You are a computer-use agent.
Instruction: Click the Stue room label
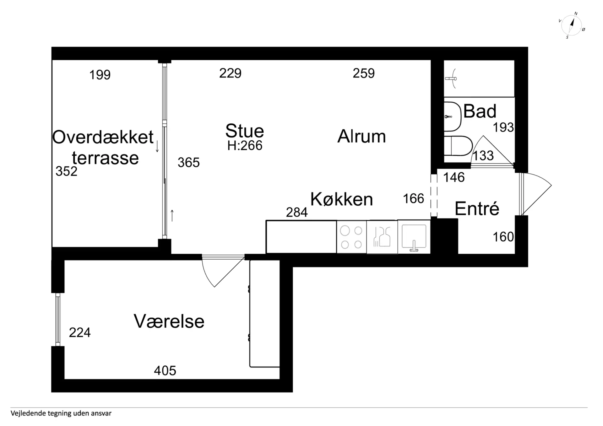click(244, 131)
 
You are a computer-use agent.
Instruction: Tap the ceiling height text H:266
click(245, 146)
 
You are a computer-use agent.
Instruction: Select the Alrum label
click(361, 137)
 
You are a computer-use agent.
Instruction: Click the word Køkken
click(341, 199)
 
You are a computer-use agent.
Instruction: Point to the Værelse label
click(169, 321)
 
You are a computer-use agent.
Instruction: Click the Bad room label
click(480, 111)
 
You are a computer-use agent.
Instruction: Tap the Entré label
click(477, 209)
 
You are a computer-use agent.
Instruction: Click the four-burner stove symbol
click(351, 237)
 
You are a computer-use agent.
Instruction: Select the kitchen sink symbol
click(414, 237)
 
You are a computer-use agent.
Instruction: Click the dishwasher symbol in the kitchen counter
click(382, 237)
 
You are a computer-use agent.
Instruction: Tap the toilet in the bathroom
click(459, 146)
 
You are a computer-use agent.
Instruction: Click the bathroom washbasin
click(452, 116)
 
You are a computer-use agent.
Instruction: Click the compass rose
click(571, 25)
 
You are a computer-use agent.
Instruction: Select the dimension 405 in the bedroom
click(165, 371)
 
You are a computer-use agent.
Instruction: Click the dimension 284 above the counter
click(296, 213)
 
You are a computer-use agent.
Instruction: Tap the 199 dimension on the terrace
click(100, 75)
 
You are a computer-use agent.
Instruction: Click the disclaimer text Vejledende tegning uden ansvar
click(61, 413)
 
